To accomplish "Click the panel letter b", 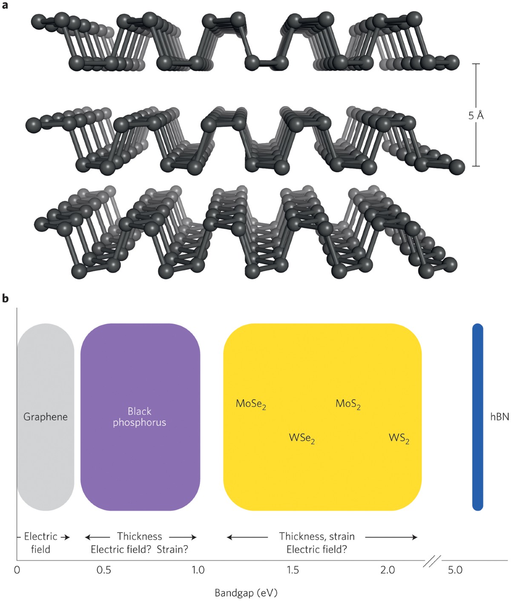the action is pos(5,298).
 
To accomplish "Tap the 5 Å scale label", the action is pos(476,115).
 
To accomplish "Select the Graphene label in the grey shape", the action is pos(46,416).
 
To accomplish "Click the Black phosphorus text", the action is pos(140,417).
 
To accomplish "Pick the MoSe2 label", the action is pos(251,404).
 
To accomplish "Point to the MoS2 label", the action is pos(348,404).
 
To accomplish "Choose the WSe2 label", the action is pos(302,438).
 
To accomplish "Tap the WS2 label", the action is pos(399,438).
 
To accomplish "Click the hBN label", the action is pos(500,416).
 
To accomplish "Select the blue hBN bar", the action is pos(478,417).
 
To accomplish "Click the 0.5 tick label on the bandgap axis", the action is pos(104,570).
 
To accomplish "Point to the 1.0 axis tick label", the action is pos(198,570).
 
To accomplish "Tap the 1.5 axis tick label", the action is pos(293,570).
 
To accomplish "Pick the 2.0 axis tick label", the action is pos(388,570).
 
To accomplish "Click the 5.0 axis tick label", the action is pos(455,570).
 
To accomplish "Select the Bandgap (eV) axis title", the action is pos(246,592).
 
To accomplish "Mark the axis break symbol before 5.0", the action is pos(431,561).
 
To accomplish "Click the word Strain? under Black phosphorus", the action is pos(172,549).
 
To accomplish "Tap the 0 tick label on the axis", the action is pos(17,570).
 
